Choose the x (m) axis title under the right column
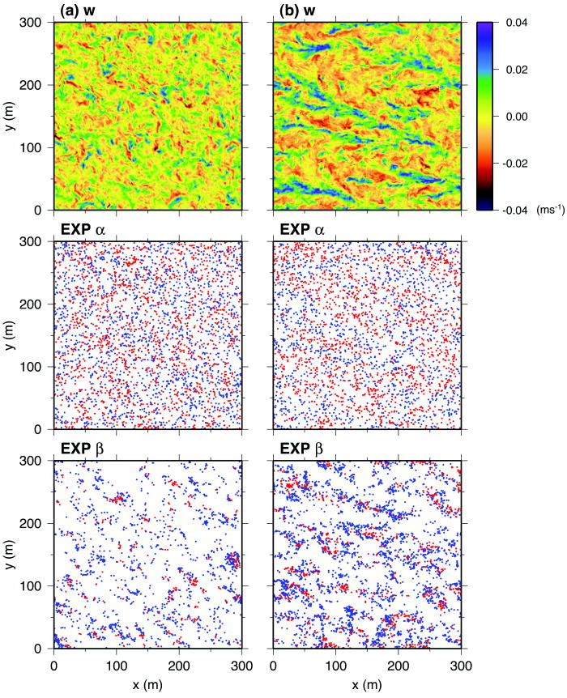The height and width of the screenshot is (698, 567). (x=369, y=685)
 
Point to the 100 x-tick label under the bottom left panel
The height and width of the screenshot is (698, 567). (x=116, y=665)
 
